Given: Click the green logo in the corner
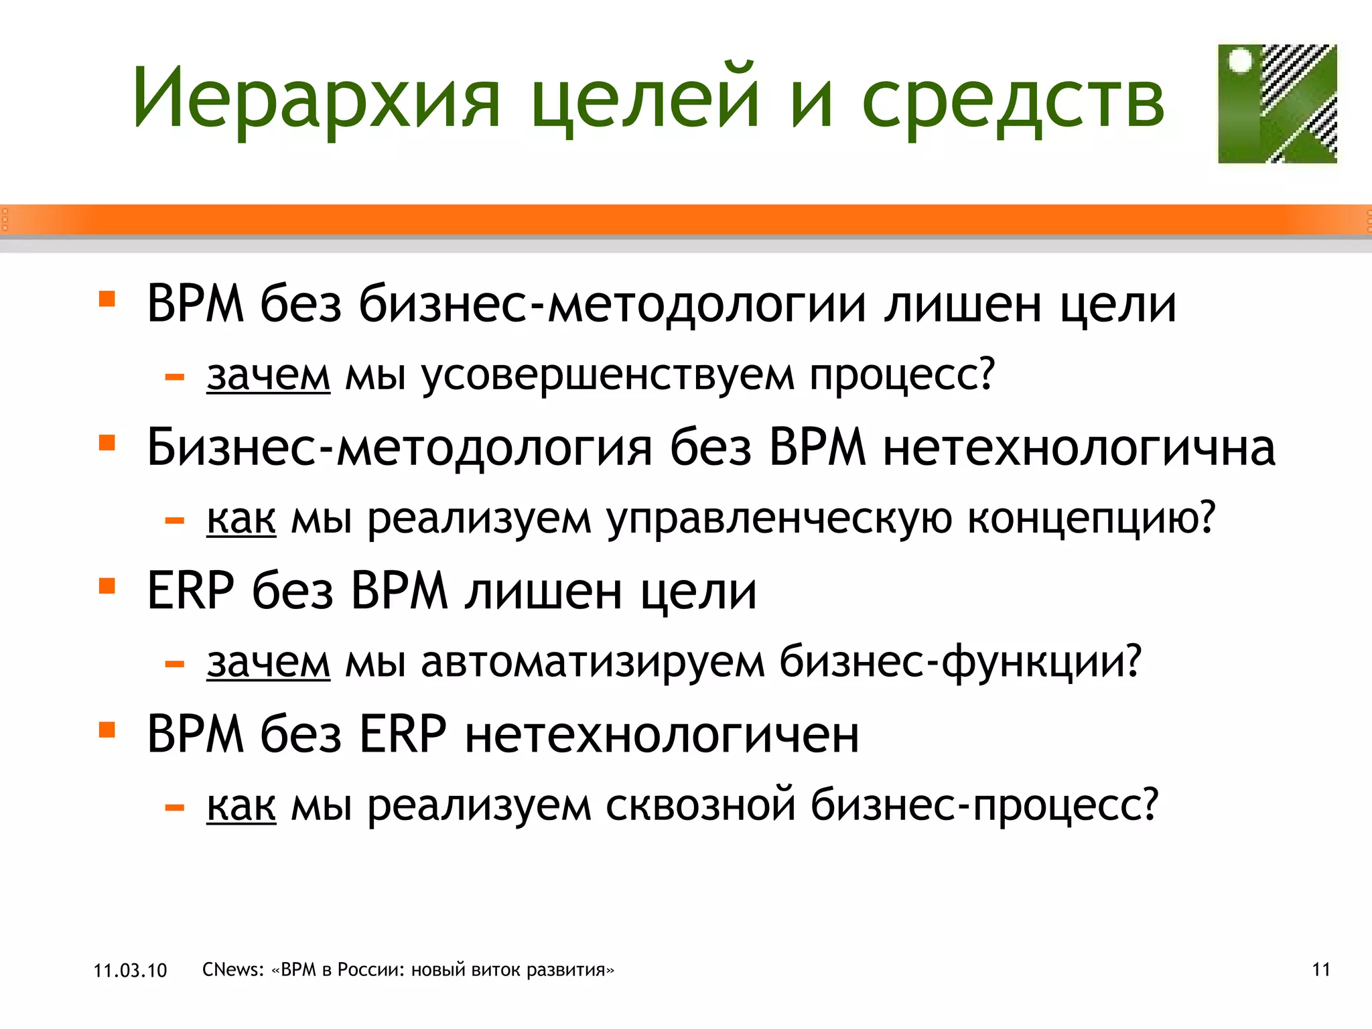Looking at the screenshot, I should point(1276,104).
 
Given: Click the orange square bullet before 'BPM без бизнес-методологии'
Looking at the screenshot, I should point(107,298).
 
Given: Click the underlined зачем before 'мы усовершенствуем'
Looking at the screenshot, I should point(268,375).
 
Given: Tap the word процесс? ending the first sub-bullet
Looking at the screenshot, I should point(902,375).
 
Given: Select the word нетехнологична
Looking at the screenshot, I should point(1079,448).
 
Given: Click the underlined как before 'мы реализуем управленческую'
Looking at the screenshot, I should point(241,519).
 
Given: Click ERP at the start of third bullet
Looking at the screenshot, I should point(190,591).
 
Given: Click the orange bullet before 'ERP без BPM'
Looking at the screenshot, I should point(107,586).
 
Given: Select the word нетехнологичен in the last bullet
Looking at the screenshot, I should point(662,735).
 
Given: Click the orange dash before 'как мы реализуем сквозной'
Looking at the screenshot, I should point(175,808).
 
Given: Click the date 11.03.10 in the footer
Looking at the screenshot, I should point(130,970).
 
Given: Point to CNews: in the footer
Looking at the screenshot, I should point(233,969).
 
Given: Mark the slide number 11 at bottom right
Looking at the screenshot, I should point(1321,969).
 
